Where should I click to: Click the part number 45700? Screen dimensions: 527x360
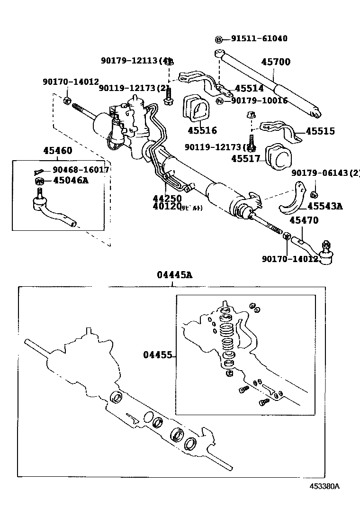coord(276,62)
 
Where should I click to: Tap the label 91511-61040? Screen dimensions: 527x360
coord(259,39)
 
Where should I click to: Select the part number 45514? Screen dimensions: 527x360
coord(249,89)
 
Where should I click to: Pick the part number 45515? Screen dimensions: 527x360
coord(320,131)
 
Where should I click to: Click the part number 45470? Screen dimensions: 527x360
coord(304,220)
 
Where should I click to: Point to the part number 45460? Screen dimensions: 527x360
coord(58,151)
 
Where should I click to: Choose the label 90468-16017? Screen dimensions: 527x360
coord(81,170)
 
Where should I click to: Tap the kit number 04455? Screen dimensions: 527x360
coord(157,355)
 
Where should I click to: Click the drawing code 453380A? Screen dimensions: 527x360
coord(325,486)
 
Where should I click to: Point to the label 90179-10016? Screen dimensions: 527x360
coord(259,100)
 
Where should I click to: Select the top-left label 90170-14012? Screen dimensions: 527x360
coord(71,82)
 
